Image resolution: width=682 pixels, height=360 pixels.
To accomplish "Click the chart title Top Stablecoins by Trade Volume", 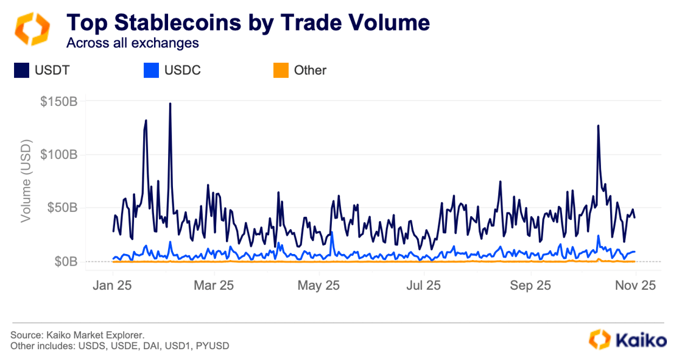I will coord(248,23).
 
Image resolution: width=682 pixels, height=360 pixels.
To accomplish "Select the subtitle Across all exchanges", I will coord(132,43).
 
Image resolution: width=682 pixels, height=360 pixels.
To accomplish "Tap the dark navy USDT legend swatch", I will coord(22,71).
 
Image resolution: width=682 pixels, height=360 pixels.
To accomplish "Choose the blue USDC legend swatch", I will coord(152,71).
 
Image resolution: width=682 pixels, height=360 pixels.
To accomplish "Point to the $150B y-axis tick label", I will coord(58,101).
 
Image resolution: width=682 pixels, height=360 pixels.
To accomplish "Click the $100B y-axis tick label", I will coord(58,155).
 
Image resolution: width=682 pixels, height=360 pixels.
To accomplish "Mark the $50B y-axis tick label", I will coord(62,208).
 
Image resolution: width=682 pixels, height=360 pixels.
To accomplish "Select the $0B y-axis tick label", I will coord(65,262).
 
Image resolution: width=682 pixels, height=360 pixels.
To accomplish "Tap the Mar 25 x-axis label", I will coord(213,285).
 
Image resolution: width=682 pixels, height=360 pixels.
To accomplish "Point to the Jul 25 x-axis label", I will coord(423,285).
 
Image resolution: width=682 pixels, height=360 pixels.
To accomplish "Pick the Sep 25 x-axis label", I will coord(530,285).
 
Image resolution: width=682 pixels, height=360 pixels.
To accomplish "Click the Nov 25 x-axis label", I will coord(635,285).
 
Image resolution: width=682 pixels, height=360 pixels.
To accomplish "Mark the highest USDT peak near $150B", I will coord(170,104).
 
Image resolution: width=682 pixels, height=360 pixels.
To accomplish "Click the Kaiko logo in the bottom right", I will coord(628,339).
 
